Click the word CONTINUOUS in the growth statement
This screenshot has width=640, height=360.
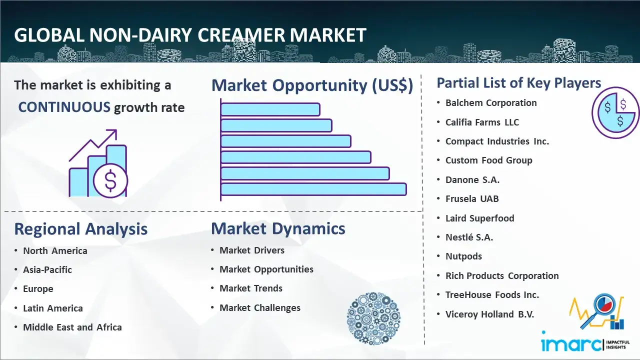(64, 107)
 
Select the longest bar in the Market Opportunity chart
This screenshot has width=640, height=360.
(313, 189)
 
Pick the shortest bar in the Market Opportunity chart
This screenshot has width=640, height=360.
(270, 109)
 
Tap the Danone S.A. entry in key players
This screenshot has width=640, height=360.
(472, 179)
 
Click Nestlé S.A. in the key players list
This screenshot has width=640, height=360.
(469, 237)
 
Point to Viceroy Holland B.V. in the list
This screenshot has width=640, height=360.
(489, 314)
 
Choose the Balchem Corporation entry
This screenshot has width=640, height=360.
(491, 103)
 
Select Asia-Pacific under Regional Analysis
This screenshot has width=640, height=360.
(47, 269)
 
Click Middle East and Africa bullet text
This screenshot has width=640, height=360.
(72, 327)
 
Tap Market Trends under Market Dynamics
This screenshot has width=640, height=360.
(251, 288)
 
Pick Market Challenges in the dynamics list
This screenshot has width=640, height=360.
(259, 307)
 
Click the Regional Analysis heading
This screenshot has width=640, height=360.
(81, 229)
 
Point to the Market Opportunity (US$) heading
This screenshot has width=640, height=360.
(312, 85)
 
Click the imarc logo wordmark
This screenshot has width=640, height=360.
(571, 344)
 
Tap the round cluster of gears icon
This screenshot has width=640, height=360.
(373, 318)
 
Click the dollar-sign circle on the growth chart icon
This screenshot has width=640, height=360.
(110, 180)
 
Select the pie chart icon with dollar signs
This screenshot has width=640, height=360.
(615, 113)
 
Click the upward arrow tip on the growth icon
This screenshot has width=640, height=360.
(116, 130)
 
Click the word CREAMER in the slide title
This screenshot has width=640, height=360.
(241, 35)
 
